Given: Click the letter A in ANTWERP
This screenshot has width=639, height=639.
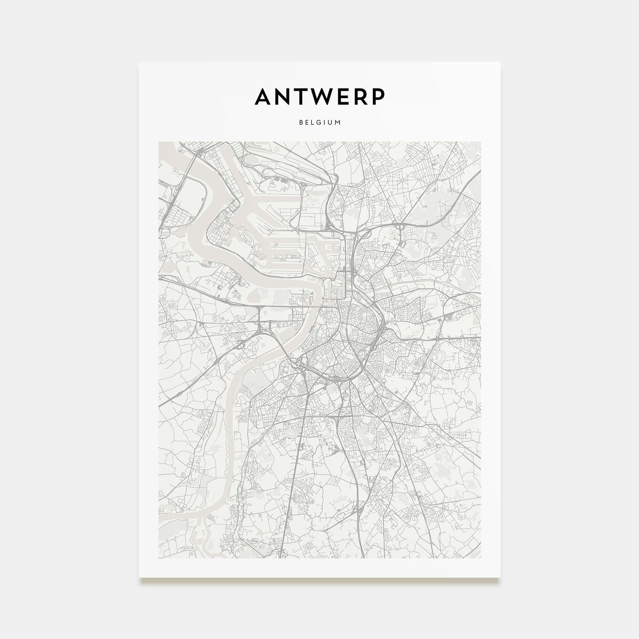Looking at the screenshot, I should [x=264, y=96].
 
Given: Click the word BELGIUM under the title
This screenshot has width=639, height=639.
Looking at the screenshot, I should [x=319, y=123].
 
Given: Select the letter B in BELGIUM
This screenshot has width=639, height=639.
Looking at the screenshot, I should [x=301, y=123].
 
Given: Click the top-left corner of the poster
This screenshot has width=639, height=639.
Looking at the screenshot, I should [x=139, y=62].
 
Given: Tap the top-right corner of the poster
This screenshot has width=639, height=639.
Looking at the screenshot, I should [x=500, y=62].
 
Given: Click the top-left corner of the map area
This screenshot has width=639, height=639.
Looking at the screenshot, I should [x=158, y=141].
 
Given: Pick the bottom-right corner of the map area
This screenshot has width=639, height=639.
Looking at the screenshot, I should [x=481, y=558].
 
